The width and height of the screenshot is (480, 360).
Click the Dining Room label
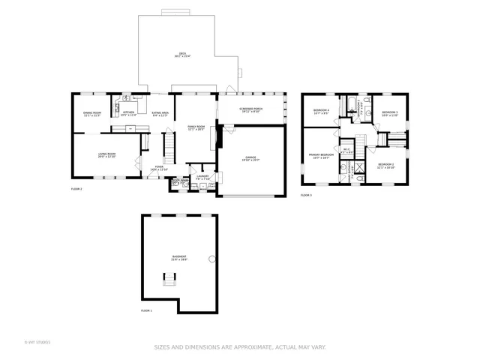(x=91, y=114)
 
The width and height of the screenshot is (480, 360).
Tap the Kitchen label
(x=128, y=113)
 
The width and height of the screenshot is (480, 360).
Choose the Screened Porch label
(x=250, y=109)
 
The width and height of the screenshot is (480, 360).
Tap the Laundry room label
(x=202, y=178)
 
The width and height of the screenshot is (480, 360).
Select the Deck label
(x=178, y=55)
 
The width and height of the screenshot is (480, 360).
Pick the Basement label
(x=178, y=258)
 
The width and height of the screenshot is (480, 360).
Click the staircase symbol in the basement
(x=171, y=278)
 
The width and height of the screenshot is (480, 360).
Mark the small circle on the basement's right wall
(x=212, y=261)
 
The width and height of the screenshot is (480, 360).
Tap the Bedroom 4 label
(x=321, y=112)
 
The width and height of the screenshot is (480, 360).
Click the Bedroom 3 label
(x=389, y=113)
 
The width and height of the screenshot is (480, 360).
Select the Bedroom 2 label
(x=385, y=165)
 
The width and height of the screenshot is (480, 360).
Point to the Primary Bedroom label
(x=321, y=156)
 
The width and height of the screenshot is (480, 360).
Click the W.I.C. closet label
(x=346, y=150)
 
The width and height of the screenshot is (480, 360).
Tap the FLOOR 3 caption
(x=306, y=195)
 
